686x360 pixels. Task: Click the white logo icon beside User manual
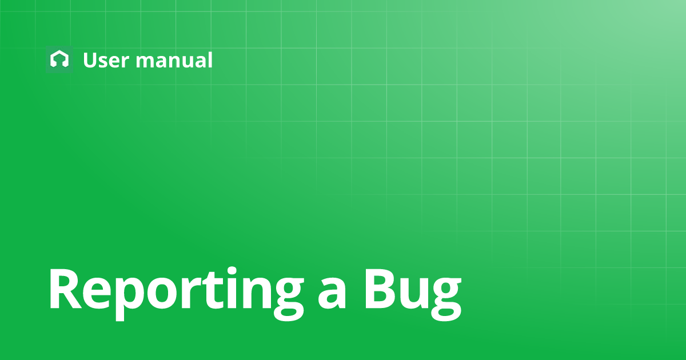point(59,59)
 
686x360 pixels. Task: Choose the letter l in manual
point(209,59)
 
